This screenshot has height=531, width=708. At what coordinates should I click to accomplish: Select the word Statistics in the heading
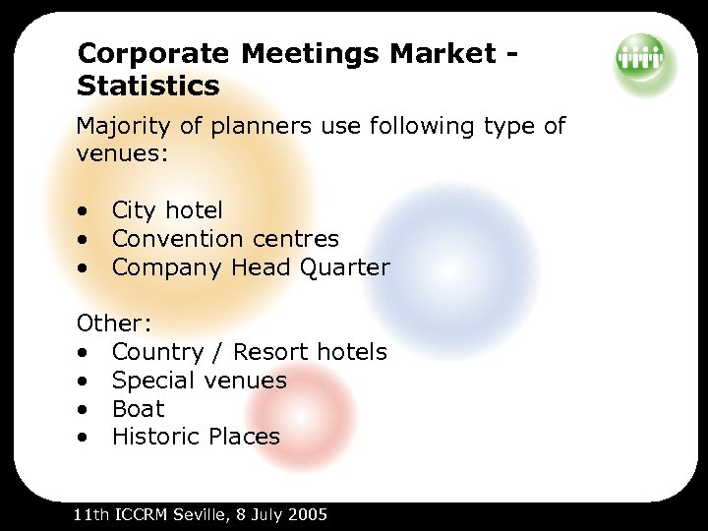[148, 86]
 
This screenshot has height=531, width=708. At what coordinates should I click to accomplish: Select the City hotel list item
[167, 209]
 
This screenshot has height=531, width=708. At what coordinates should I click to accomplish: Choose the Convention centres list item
[225, 238]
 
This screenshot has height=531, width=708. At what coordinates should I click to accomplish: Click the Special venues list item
[199, 381]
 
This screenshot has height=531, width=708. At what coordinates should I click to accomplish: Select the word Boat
[138, 408]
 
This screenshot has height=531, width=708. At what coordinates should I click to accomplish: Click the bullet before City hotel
[87, 210]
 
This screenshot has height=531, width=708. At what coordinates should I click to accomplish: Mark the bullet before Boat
[87, 409]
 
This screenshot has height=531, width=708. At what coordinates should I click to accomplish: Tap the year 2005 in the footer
[307, 514]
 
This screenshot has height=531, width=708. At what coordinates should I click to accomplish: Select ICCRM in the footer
[139, 514]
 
